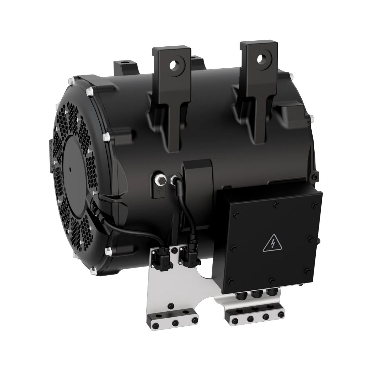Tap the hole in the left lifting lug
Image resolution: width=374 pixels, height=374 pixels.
[x=173, y=65]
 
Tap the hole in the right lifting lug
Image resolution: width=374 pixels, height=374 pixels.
[x=260, y=58]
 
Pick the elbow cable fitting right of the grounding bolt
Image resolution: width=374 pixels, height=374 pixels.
[x=173, y=180]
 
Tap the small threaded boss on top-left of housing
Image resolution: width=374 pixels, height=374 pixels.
[x=122, y=63]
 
